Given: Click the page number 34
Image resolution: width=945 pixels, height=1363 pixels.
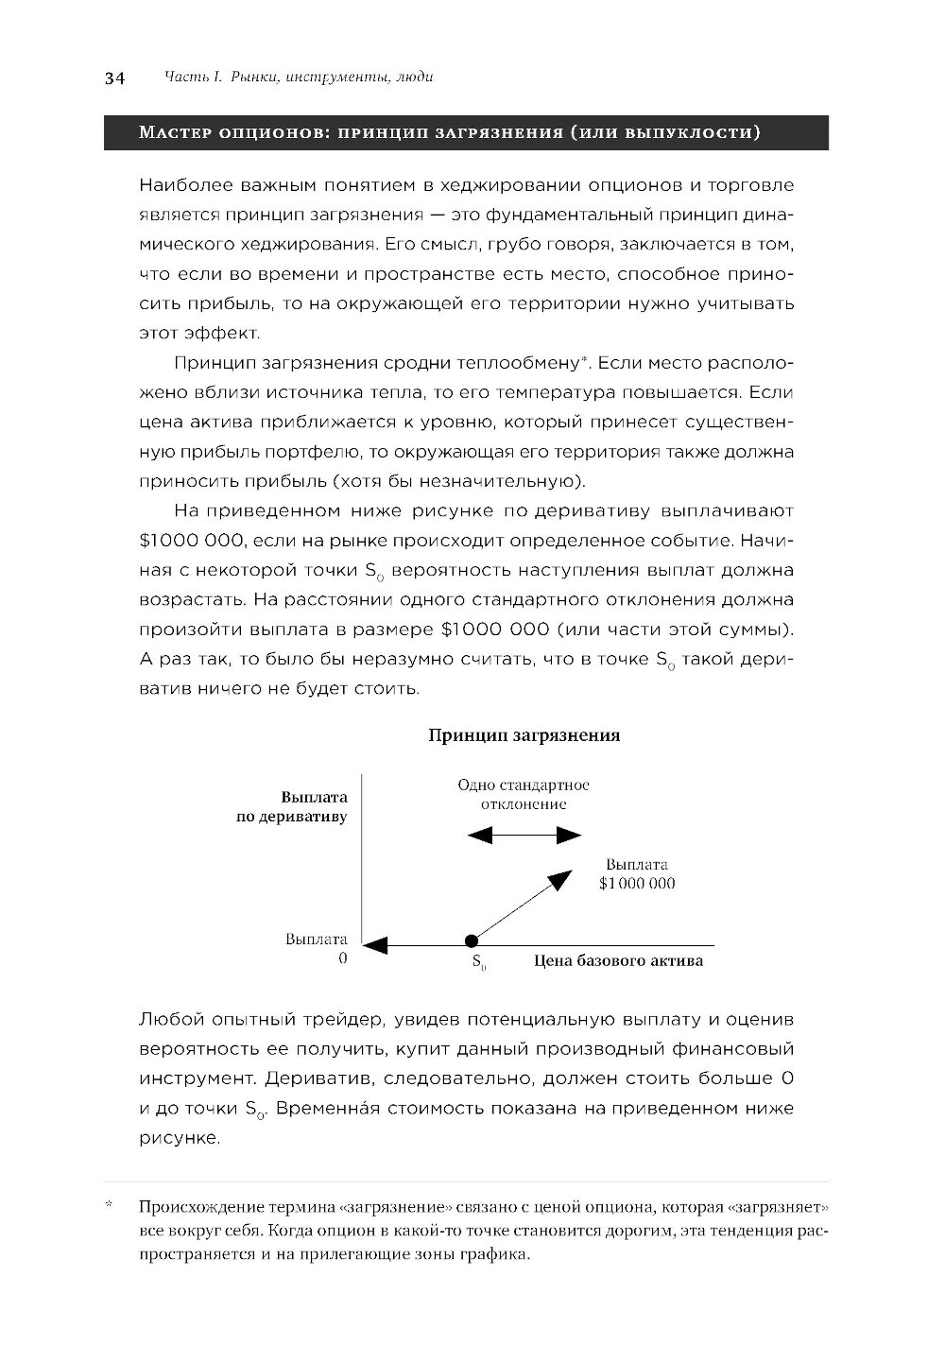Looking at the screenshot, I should click(x=114, y=78).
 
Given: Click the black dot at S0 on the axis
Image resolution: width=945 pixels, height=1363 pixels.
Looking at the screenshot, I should click(x=471, y=940).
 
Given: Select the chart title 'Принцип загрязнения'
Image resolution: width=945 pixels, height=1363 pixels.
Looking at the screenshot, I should click(x=524, y=735).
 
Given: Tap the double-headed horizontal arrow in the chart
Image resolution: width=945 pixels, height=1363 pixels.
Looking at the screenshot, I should click(x=524, y=835).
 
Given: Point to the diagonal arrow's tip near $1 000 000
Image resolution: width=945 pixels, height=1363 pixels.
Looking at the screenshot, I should click(x=563, y=876).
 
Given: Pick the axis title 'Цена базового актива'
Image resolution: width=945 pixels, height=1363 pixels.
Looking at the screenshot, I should click(x=618, y=961).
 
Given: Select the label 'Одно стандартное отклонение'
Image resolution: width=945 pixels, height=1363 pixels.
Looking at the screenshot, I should click(x=524, y=794).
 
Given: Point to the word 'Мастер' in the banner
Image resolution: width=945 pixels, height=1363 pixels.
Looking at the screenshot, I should click(x=175, y=133).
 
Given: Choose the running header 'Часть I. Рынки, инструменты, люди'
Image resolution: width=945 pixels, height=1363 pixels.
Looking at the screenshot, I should click(x=299, y=78).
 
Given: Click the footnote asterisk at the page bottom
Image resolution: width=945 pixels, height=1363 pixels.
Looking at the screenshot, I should click(x=110, y=1206).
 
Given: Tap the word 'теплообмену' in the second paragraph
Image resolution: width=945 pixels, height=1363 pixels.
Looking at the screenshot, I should click(x=518, y=363).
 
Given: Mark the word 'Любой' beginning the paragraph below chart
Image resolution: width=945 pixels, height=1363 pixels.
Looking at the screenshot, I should click(x=171, y=1020).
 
